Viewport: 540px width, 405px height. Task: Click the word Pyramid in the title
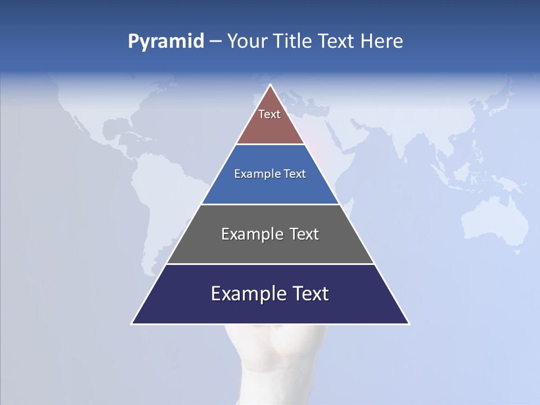point(166,42)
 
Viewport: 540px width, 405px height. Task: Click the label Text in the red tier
point(269,114)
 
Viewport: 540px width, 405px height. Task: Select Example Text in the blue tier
point(270,174)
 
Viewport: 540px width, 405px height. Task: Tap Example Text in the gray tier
point(270,234)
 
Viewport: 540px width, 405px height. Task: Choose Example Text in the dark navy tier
point(270,294)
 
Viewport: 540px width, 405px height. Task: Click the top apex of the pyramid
point(271,85)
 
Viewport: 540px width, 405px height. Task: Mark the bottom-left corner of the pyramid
point(132,323)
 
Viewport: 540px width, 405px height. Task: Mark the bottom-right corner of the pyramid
point(408,323)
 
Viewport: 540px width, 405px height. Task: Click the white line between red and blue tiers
point(270,145)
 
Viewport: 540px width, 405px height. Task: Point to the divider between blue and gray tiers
point(270,204)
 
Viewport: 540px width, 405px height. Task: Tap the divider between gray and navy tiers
point(270,264)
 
